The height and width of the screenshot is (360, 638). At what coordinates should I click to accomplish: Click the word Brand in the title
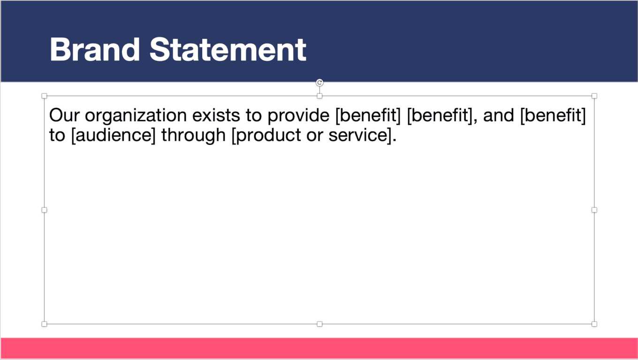point(95,50)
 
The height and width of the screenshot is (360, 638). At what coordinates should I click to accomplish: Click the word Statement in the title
point(228,50)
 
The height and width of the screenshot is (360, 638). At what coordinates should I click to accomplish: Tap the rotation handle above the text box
point(319,82)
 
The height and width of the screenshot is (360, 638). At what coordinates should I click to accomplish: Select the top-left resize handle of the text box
point(45,96)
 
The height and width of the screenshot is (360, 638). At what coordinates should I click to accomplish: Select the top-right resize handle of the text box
point(594,96)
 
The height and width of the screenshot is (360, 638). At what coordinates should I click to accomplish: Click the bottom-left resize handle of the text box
point(45,324)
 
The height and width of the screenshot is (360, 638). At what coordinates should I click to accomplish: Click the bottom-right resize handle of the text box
point(594,324)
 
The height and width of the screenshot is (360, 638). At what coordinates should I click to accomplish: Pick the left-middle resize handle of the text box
point(45,210)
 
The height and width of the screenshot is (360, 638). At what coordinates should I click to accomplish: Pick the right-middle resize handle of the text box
point(594,210)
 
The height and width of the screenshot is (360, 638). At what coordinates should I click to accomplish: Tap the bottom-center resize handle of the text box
point(319,324)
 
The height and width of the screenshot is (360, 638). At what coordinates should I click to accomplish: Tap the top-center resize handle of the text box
point(319,96)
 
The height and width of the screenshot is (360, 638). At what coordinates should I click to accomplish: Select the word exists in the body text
point(216,115)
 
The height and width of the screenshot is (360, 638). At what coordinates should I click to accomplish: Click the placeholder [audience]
point(114,135)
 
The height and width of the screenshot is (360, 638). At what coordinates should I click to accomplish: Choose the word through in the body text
point(193,135)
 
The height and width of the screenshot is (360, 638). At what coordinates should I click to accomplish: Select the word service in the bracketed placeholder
point(358,135)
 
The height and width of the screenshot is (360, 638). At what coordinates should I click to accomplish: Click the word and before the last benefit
point(498,115)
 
